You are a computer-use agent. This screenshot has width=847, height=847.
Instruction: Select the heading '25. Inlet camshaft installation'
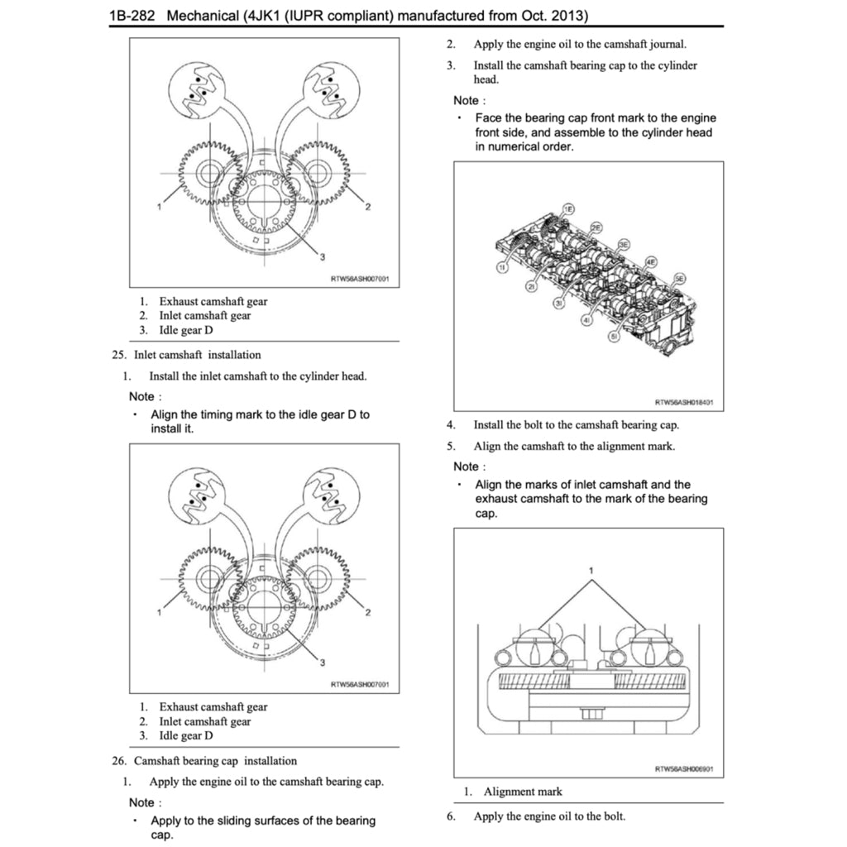[x=186, y=355]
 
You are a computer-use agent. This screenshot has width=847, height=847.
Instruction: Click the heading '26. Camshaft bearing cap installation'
[x=204, y=761]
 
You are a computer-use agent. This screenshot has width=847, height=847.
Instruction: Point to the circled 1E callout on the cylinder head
[x=567, y=208]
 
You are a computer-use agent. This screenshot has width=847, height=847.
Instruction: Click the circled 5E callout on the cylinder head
[x=680, y=279]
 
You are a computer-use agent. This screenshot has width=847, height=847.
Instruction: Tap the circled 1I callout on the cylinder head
[x=502, y=266]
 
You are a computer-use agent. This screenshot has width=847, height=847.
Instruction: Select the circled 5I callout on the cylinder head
[x=614, y=337]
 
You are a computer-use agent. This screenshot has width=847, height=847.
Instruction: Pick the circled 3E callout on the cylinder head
[x=624, y=244]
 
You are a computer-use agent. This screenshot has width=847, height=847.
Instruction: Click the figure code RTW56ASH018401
[x=683, y=403]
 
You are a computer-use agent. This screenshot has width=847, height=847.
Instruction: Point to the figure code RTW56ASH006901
[x=683, y=769]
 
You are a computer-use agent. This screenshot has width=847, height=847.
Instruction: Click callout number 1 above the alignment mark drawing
[x=591, y=571]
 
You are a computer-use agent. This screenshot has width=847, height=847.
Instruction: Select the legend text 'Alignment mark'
[x=523, y=792]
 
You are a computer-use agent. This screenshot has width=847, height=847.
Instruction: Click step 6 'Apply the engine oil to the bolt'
[x=549, y=816]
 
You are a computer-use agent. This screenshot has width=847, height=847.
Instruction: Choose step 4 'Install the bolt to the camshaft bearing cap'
[x=576, y=425]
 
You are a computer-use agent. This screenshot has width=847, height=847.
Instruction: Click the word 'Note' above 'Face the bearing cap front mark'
[x=467, y=100]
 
